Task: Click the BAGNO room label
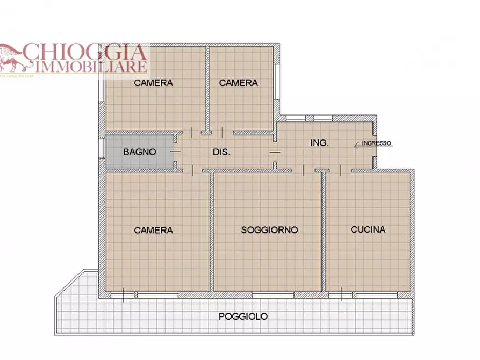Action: point(140,152)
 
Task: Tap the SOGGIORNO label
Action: point(269,230)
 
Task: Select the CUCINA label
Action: point(368,229)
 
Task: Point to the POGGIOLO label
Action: point(243,316)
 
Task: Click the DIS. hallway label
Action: point(221,152)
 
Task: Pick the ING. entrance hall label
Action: point(320,143)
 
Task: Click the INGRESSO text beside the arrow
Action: point(377,143)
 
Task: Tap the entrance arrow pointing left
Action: point(357,144)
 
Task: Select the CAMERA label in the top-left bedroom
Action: point(154,83)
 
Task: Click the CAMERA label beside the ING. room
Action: point(238,83)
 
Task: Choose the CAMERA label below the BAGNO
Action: point(154,230)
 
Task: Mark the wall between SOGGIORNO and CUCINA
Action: point(324,231)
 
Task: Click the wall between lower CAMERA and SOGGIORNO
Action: point(212,231)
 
